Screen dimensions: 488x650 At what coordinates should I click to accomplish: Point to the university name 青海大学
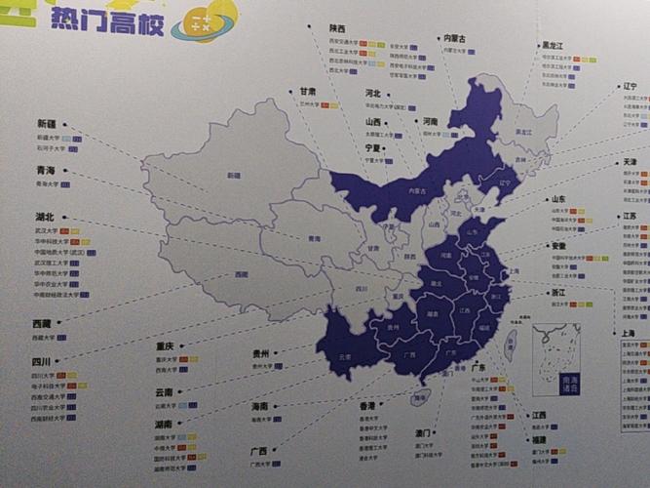(x=48, y=183)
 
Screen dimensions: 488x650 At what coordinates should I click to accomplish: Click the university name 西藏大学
(x=44, y=338)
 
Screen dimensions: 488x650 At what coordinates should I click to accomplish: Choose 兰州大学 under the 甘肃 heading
(x=310, y=103)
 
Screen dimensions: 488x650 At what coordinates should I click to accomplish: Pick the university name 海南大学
(x=260, y=420)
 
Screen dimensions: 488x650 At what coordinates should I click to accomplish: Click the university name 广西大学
(x=261, y=465)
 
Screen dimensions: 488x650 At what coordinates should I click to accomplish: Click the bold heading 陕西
(x=338, y=30)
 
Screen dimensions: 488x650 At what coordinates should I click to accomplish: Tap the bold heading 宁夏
(x=375, y=148)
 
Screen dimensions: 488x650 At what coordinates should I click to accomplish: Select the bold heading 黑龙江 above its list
(x=555, y=45)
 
